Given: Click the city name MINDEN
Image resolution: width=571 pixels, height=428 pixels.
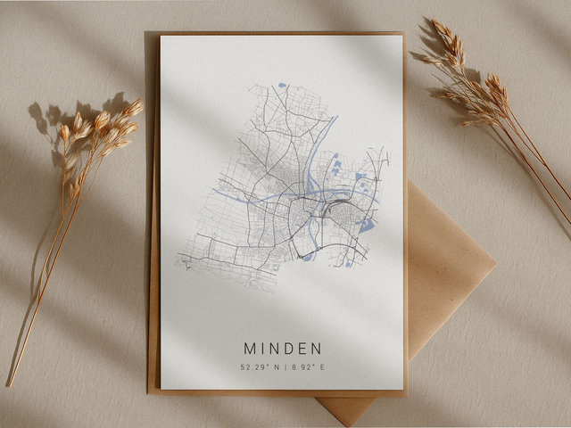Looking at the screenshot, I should pos(282,348).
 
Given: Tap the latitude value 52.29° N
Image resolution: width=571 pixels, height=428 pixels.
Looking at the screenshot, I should pos(258,366).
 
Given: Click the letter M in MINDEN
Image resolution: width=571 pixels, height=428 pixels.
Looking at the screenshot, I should pos(249,348).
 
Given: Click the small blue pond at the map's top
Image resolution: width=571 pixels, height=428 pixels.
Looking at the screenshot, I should pos(282,86).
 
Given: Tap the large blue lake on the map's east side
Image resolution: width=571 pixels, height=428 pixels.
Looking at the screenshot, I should pos(366,226).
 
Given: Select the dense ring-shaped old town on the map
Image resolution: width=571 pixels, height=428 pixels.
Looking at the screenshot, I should pos(301,214).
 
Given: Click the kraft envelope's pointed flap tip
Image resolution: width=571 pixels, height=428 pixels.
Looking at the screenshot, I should pos(349,418).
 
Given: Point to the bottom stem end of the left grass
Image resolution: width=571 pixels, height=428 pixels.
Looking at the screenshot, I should pos(10,383).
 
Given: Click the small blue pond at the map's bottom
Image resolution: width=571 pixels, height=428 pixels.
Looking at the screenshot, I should pos(308,258).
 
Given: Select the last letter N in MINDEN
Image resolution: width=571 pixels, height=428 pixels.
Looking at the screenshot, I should pos(316,348).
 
